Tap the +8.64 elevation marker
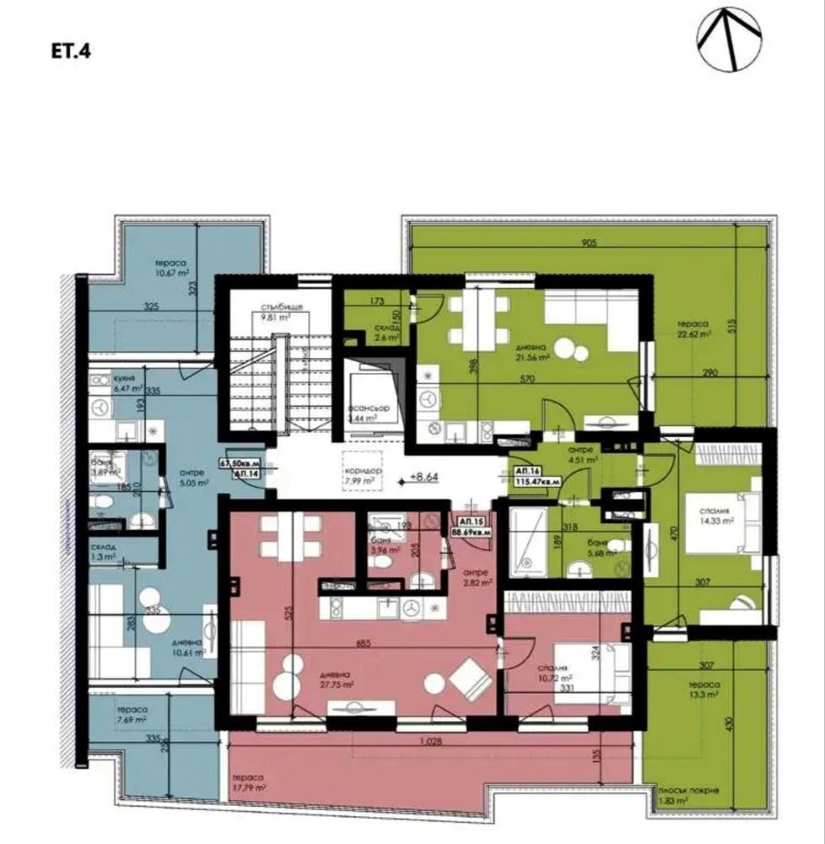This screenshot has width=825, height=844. click(x=426, y=476)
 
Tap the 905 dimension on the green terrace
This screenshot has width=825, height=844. click(x=589, y=244)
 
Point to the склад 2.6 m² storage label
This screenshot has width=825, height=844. click(x=375, y=333)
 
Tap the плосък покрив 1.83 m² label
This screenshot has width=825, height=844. click(x=689, y=795)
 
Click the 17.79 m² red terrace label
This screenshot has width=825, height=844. click(x=248, y=782)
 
